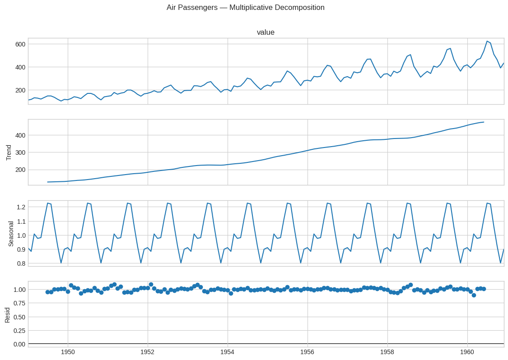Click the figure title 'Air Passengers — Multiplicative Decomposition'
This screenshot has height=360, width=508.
[x=246, y=8]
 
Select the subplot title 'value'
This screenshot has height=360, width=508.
[x=266, y=32]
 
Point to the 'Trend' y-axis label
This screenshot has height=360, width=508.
[x=9, y=152]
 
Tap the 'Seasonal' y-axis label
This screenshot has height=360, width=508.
[x=11, y=234]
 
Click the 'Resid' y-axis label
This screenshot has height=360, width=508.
[x=8, y=315]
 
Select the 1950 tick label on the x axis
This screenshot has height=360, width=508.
[x=68, y=352]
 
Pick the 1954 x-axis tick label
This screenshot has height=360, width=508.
[x=228, y=352]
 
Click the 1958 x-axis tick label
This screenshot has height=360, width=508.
[x=387, y=352]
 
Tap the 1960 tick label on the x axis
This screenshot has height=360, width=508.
[x=467, y=352]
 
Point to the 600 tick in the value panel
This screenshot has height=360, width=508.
[x=20, y=44]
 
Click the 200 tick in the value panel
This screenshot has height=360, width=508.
[x=20, y=90]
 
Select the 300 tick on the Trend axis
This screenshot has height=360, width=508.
[x=20, y=152]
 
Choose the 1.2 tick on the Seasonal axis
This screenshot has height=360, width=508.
[x=21, y=207]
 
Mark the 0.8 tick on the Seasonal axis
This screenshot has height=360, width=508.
[x=21, y=263]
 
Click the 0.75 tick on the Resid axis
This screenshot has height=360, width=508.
[x=19, y=303]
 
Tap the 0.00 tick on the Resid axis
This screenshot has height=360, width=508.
[x=19, y=344]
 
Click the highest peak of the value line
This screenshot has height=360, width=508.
[x=487, y=41]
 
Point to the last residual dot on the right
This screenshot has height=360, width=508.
[x=484, y=289]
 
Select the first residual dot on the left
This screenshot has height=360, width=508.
[x=47, y=292]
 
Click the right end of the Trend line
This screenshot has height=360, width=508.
[x=484, y=122]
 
